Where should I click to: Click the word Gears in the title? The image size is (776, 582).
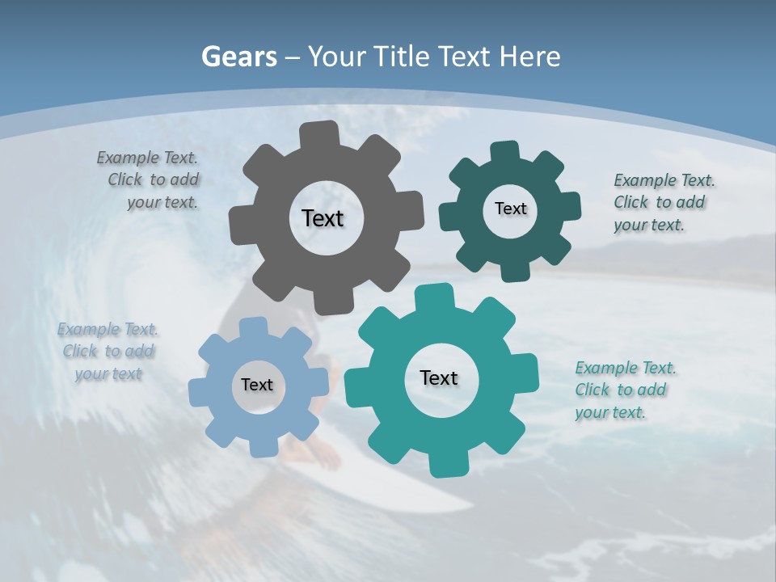238,57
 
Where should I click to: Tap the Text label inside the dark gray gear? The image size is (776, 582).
323,218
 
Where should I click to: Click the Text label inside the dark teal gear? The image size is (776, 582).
510,209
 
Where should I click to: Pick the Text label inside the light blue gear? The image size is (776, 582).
257,385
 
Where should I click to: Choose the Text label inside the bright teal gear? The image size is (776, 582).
439,377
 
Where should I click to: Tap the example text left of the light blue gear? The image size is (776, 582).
108,352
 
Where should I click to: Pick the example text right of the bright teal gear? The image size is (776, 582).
623,390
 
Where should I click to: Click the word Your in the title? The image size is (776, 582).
337,57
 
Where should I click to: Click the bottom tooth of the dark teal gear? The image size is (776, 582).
516,272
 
